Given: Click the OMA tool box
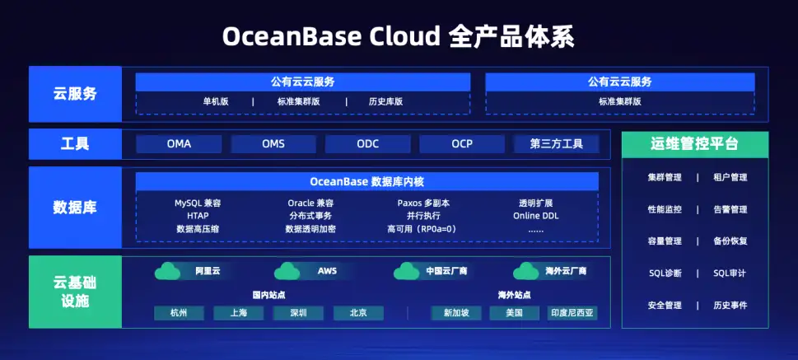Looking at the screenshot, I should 179,144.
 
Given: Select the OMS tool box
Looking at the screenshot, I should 273,144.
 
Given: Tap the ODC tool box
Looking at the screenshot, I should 367,144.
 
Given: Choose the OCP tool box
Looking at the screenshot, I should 462,144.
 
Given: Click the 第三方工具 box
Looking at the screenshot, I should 556,144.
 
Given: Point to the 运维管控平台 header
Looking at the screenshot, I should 694,144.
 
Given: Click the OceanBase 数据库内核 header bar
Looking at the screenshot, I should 367,181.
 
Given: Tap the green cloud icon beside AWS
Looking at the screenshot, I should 287,271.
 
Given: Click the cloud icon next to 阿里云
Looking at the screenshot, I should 168,271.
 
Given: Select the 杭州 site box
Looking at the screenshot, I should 179,313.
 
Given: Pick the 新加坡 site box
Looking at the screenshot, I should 455,313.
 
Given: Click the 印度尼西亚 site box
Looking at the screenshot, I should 572,313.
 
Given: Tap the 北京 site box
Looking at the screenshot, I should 358,313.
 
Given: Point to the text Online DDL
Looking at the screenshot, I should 536,216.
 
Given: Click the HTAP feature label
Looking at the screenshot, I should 198,216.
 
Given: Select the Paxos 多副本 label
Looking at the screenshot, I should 423,203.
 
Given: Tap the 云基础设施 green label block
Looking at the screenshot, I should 74,292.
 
